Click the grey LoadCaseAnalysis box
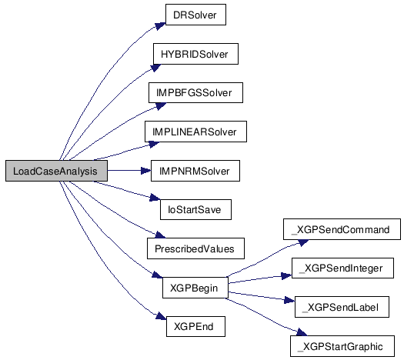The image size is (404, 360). (x=56, y=171)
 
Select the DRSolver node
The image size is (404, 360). (x=195, y=15)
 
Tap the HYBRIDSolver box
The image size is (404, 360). (x=195, y=54)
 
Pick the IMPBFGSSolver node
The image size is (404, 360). (x=195, y=93)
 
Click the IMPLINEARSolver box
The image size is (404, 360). (x=195, y=132)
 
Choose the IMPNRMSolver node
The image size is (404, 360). (x=195, y=171)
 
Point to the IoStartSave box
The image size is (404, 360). (x=195, y=209)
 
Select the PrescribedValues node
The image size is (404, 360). (x=195, y=248)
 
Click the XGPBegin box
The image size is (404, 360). (x=195, y=288)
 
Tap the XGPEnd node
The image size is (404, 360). (x=195, y=326)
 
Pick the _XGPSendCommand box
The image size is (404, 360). (x=342, y=229)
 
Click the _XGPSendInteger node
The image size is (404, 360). (x=342, y=268)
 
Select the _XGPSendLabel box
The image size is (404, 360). (x=342, y=307)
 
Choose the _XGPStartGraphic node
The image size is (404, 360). (x=342, y=346)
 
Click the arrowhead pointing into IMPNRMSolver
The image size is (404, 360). (x=146, y=171)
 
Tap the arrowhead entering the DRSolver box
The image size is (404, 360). (x=161, y=26)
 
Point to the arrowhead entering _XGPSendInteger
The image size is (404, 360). (x=287, y=276)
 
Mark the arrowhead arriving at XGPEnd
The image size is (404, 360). (x=162, y=316)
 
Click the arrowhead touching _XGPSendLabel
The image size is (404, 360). (x=289, y=300)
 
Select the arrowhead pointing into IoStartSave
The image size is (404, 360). (x=155, y=198)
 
